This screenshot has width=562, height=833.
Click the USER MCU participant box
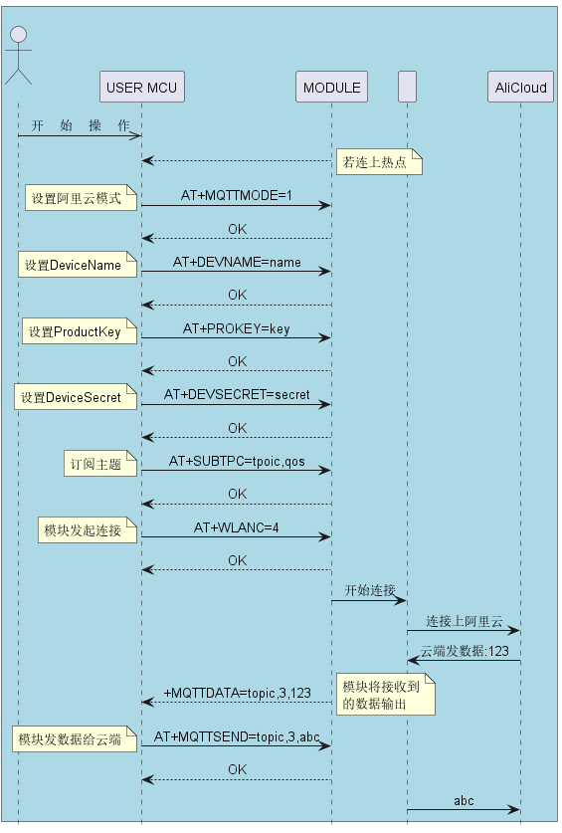(x=142, y=87)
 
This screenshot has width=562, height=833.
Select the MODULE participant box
(x=331, y=87)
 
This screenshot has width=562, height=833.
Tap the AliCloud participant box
(x=520, y=87)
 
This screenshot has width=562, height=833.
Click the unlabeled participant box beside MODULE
(x=408, y=87)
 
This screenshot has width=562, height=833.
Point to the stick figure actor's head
(x=19, y=35)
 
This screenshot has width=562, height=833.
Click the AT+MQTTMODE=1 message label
(x=237, y=195)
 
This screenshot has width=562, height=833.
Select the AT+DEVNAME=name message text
(x=237, y=262)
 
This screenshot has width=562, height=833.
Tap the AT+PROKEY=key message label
(x=237, y=328)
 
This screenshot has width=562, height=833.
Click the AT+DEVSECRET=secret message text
(x=237, y=395)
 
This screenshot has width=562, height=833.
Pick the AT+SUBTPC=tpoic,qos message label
(x=237, y=461)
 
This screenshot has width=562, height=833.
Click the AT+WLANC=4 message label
(x=237, y=527)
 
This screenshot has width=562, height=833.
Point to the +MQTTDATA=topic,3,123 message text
(x=237, y=693)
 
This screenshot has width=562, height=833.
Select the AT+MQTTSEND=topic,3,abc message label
(x=237, y=736)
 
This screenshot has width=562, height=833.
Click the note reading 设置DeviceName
(x=78, y=265)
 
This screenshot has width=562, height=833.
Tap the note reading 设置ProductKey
(x=80, y=331)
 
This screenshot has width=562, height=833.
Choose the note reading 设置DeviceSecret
(x=76, y=397)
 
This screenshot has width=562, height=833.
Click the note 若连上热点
(x=379, y=161)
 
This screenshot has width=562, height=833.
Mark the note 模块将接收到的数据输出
(x=386, y=695)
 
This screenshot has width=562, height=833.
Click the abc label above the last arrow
(x=464, y=800)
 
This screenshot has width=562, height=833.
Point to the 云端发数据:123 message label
(x=465, y=651)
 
